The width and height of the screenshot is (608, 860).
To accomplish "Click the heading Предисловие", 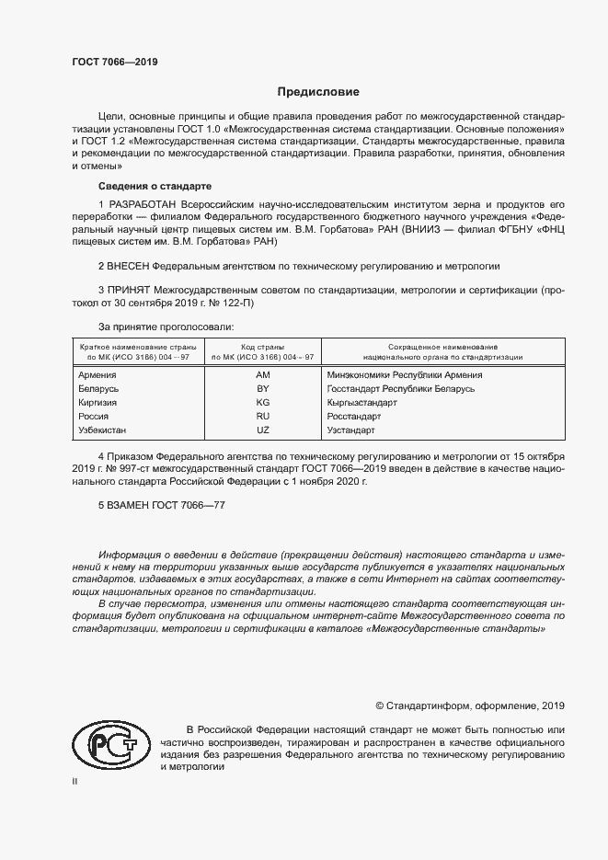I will coord(319,92).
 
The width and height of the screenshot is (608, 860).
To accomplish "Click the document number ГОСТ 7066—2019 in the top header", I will coord(114,63).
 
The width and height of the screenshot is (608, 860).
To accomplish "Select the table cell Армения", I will coord(97,375).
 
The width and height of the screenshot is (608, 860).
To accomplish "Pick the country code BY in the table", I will coord(262,389).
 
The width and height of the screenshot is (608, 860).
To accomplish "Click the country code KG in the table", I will coord(262,403).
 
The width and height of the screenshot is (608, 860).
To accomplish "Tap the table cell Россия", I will coord(94,417).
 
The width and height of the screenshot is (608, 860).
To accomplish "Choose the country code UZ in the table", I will coord(262,430).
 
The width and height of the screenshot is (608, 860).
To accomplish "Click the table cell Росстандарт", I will coord(353,417).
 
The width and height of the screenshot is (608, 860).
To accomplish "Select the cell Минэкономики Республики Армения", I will coord(405,375).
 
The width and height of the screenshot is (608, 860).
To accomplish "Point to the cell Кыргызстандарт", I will coord(361,403).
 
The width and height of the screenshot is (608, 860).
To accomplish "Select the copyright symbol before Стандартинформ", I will coord(380,705).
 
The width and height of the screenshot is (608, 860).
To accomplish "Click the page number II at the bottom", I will coord(75,781).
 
